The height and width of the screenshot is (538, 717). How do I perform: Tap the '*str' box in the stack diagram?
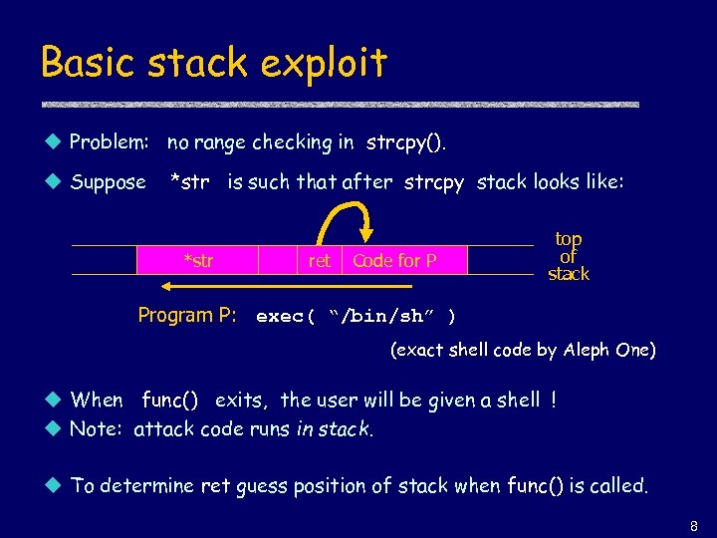point(197,261)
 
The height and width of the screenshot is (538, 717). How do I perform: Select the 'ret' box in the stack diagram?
point(319,261)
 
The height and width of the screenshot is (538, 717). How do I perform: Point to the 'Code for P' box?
point(395,261)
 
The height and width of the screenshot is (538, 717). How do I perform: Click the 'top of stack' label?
point(569,257)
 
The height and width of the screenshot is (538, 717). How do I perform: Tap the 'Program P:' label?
point(187,316)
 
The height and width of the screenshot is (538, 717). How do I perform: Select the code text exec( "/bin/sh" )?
point(356,317)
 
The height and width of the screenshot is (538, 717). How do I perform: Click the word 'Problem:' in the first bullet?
point(109,142)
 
